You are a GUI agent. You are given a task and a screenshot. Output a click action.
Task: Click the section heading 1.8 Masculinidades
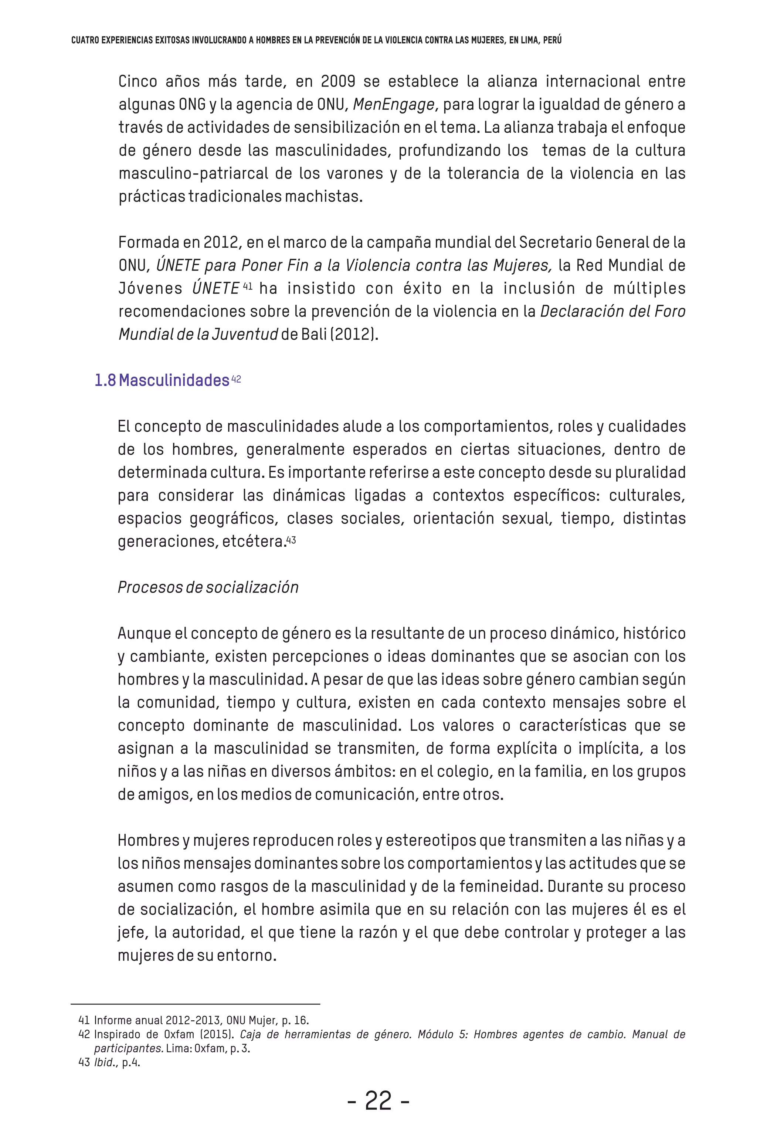(x=162, y=381)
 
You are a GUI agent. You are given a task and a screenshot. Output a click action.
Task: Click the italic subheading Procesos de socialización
(x=208, y=587)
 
